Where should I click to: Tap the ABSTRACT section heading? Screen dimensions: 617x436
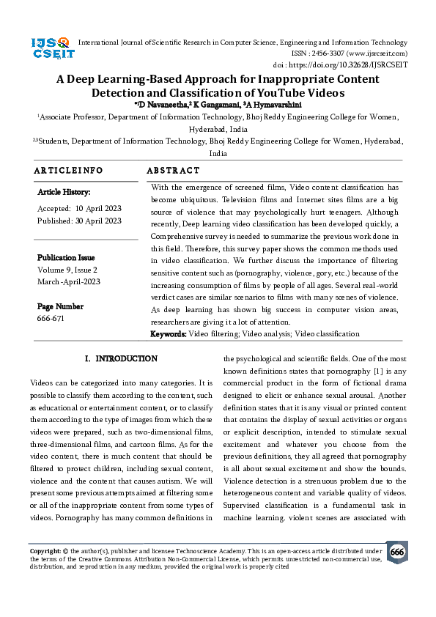pos(173,171)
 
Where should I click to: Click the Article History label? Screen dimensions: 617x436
pos(64,193)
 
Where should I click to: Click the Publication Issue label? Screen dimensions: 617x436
pos(66,258)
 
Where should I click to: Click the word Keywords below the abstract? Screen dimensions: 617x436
pos(168,334)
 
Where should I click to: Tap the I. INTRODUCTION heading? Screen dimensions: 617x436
pos(121,359)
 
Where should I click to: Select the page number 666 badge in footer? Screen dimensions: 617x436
pos(396,552)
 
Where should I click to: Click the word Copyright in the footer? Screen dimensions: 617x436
pos(45,550)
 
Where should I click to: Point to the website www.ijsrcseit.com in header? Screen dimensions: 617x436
pos(377,53)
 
